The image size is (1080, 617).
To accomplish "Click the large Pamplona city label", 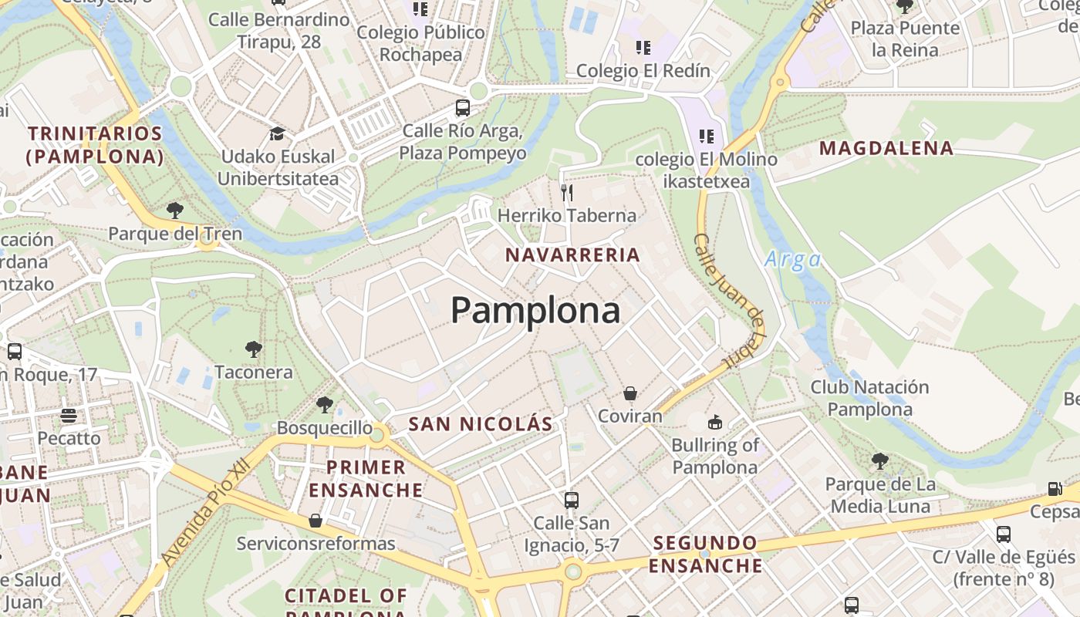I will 535,310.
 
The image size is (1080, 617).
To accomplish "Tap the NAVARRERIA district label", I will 572,255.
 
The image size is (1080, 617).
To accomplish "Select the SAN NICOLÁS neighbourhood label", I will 481,423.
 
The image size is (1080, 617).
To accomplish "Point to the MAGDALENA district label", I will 886,148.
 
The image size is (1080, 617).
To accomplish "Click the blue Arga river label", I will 792,260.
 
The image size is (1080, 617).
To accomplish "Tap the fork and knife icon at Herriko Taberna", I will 567,192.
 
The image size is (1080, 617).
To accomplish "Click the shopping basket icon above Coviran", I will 630,393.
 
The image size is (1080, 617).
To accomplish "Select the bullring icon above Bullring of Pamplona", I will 715,422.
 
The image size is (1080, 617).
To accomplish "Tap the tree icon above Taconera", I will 253,349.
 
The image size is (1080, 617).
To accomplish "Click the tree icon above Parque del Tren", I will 175,210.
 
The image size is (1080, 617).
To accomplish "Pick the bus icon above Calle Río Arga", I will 463,108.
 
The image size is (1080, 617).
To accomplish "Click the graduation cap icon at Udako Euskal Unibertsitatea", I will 277,134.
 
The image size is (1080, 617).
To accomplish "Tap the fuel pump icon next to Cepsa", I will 1055,488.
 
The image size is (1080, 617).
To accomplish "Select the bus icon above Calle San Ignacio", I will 571,500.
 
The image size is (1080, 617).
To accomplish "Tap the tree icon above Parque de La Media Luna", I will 879,461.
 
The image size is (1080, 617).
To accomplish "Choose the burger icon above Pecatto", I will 69,416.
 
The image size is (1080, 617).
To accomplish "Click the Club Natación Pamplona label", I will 869,398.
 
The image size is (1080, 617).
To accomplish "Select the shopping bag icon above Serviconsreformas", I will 315,521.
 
